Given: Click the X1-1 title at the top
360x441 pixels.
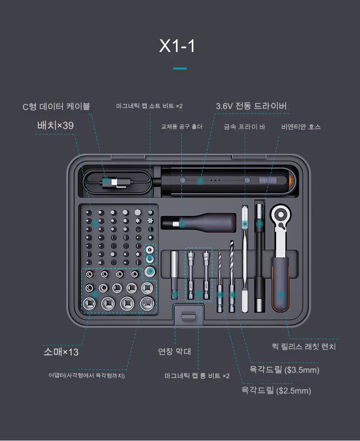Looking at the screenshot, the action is [177, 46].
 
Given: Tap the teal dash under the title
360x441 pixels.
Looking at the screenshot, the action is [180, 68].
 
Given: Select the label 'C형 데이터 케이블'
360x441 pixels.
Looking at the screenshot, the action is [56, 106].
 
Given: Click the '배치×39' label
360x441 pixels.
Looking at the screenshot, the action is [55, 125].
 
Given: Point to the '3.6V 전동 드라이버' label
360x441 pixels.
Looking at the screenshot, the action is [251, 106].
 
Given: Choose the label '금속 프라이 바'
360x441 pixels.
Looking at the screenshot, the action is [245, 127].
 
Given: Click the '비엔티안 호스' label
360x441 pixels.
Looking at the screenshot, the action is [301, 127].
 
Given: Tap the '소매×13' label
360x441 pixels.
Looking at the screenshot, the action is [61, 352].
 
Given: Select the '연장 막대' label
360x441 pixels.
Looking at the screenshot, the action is [175, 351].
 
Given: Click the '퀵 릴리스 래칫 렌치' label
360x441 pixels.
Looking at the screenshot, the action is [304, 347].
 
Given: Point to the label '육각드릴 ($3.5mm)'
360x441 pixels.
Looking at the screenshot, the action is [284, 369].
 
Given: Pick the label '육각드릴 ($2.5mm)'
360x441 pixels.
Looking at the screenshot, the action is [276, 390].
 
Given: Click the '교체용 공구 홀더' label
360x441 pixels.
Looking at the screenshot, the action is [181, 127].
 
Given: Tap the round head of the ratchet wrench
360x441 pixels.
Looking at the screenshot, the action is [280, 215].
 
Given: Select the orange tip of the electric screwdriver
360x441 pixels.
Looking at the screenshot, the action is [292, 181].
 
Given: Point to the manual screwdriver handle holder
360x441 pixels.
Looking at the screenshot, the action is [199, 223].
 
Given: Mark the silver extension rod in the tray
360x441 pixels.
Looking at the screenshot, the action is [175, 275].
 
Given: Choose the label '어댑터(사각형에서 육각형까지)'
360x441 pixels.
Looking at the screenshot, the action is [87, 375].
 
